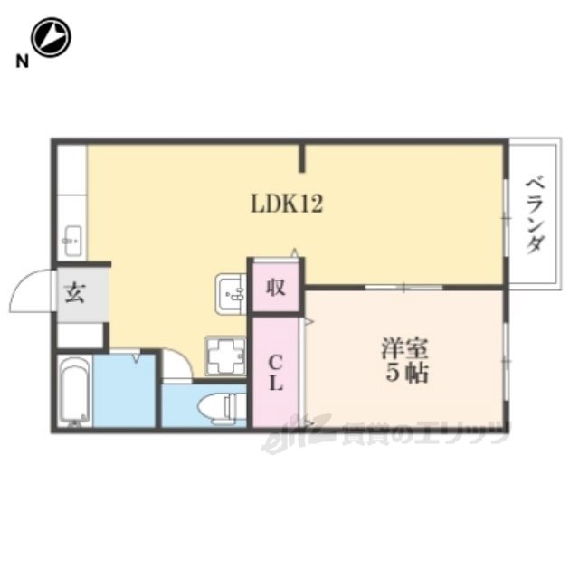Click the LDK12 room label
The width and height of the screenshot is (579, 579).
pyautogui.click(x=287, y=204)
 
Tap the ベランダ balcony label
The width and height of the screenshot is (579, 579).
pyautogui.click(x=536, y=215)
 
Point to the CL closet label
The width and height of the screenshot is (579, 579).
pyautogui.click(x=275, y=373)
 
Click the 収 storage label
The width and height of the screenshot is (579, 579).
pyautogui.click(x=276, y=287)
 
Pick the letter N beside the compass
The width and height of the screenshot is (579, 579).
pyautogui.click(x=22, y=61)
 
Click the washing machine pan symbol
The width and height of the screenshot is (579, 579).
pyautogui.click(x=225, y=356)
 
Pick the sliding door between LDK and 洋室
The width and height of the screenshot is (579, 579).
pyautogui.click(x=404, y=287)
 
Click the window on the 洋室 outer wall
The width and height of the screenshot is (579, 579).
pyautogui.click(x=507, y=361)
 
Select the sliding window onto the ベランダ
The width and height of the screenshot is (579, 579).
pyautogui.click(x=507, y=218)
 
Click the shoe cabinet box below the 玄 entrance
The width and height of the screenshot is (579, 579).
pyautogui.click(x=80, y=336)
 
